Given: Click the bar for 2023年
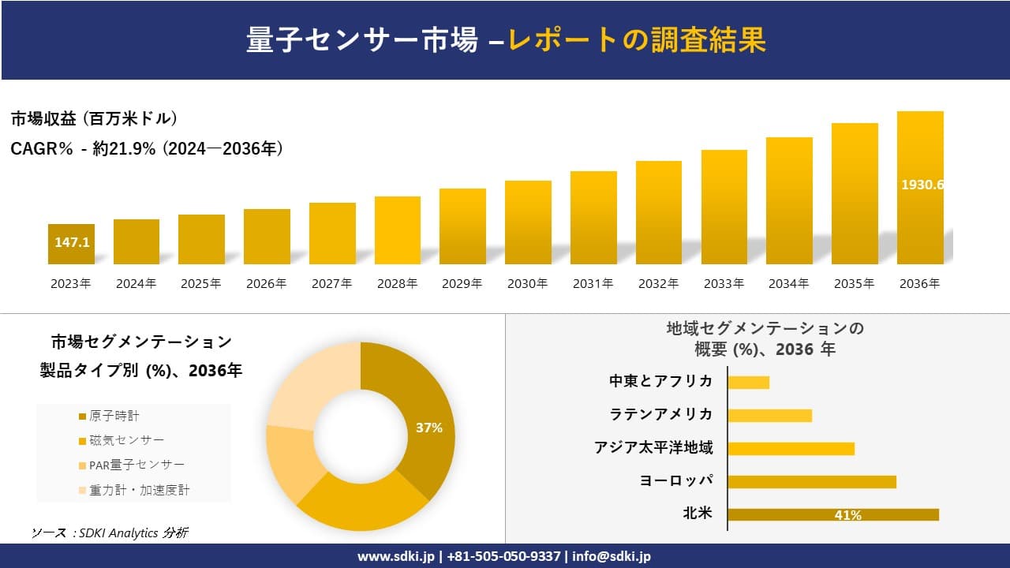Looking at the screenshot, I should coord(71,244).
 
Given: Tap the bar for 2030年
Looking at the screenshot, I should coord(528,222).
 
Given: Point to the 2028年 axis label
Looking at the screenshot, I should coord(397,284).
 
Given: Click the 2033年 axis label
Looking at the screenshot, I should coord(724,284).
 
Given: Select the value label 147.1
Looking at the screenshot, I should coord(72,242).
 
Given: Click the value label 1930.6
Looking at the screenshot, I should coord(922,185).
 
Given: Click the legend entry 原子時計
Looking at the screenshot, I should coord(114,416).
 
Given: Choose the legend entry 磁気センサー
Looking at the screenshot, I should coord(126,440).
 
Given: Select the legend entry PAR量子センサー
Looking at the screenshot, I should coord(137,465).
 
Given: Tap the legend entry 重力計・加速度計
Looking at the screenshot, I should coord(139,490).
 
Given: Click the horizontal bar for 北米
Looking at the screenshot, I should coord(832,514).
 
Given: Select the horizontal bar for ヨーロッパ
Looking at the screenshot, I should coord(811,481).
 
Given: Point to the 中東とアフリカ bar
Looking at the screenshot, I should coord(748,382).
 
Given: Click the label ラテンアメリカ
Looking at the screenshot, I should coord(660,414).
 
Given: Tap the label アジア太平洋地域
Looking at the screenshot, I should coord(653,448).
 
